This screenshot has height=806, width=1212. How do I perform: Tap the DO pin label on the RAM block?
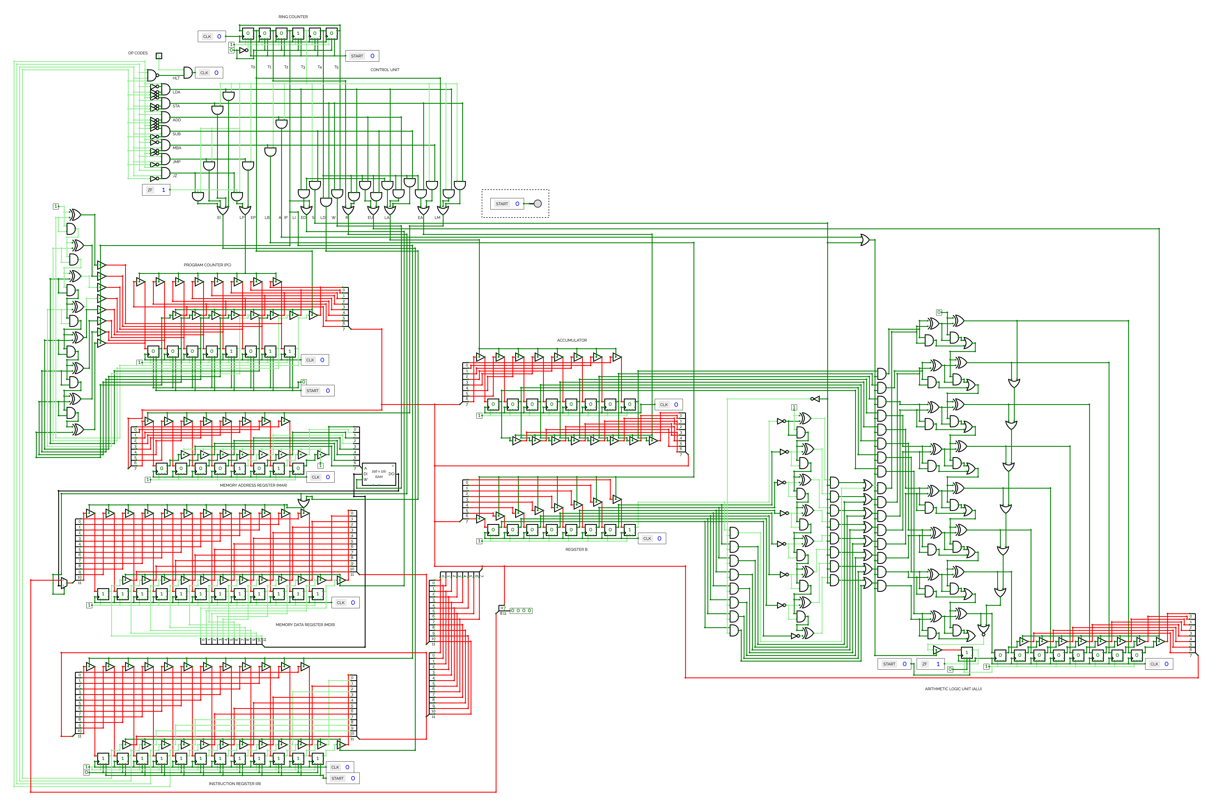391,474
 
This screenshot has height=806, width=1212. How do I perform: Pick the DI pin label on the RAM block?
366,474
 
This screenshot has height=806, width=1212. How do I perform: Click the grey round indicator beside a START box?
538,204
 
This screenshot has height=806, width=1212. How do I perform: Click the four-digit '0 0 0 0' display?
521,611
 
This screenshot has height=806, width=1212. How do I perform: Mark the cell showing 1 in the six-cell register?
298,33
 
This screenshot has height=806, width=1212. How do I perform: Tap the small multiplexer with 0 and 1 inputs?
64,583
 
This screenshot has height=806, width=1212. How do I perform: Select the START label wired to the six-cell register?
357,56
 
